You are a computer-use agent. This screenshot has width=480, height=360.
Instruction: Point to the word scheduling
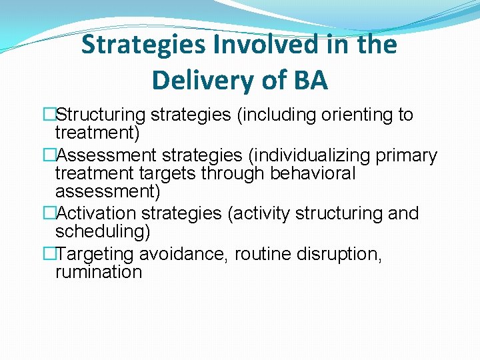click(x=103, y=231)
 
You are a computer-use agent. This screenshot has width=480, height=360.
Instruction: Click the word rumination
click(x=99, y=272)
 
